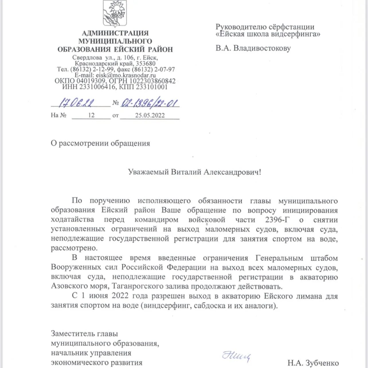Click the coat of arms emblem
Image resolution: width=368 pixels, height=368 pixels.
[115, 13]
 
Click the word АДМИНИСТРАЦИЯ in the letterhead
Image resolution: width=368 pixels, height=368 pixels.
[115, 33]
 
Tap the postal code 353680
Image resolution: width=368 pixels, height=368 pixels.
[145, 64]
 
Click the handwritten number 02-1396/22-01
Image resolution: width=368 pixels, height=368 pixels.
[150, 103]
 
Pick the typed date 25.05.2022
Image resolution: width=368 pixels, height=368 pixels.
[150, 115]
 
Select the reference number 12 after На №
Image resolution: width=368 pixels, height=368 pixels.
[91, 115]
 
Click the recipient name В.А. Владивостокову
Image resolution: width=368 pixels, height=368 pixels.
[253, 48]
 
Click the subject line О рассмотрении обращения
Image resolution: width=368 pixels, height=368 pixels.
[100, 143]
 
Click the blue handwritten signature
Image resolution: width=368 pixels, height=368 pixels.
[236, 356]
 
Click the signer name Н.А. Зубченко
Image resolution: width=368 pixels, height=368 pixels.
[313, 363]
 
